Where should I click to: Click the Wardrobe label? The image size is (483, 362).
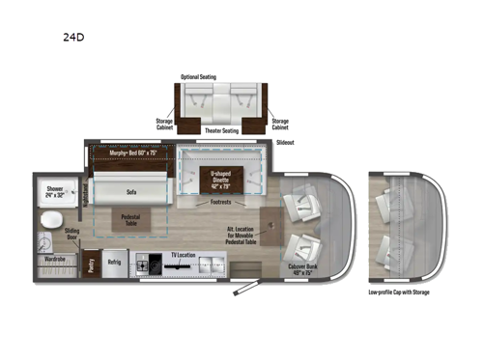[x=56, y=259]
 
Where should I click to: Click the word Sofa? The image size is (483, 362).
[x=128, y=192]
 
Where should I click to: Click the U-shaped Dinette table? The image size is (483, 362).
[x=224, y=179]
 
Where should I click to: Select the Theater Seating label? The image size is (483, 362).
[x=221, y=128]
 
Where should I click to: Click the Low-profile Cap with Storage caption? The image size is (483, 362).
[x=400, y=291]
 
